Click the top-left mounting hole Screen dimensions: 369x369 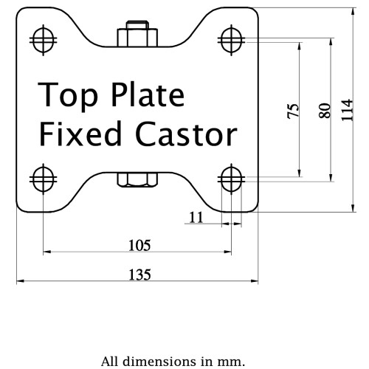pos(44,40)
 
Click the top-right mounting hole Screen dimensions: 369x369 pos(231,40)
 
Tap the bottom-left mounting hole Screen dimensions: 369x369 pos(44,179)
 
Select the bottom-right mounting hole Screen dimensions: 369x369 pos(231,179)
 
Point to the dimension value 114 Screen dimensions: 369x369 pos(347,110)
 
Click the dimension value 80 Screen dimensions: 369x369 pos(325,111)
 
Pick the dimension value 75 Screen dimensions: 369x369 pos(293,111)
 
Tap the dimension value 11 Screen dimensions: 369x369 pos(196,218)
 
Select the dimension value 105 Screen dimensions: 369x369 pos(139,245)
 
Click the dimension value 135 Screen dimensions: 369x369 pos(139,275)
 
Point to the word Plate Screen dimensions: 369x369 pos(148,94)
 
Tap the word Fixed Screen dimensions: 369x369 pos(80,134)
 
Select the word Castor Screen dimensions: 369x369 pos(186,134)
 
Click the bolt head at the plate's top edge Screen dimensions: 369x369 pos(137,34)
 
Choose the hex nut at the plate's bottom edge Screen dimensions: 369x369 pos(137,179)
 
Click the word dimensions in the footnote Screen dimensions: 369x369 pos(159,362)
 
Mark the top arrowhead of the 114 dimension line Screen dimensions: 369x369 pos(353,11)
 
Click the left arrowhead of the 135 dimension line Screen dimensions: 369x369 pos(20,280)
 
